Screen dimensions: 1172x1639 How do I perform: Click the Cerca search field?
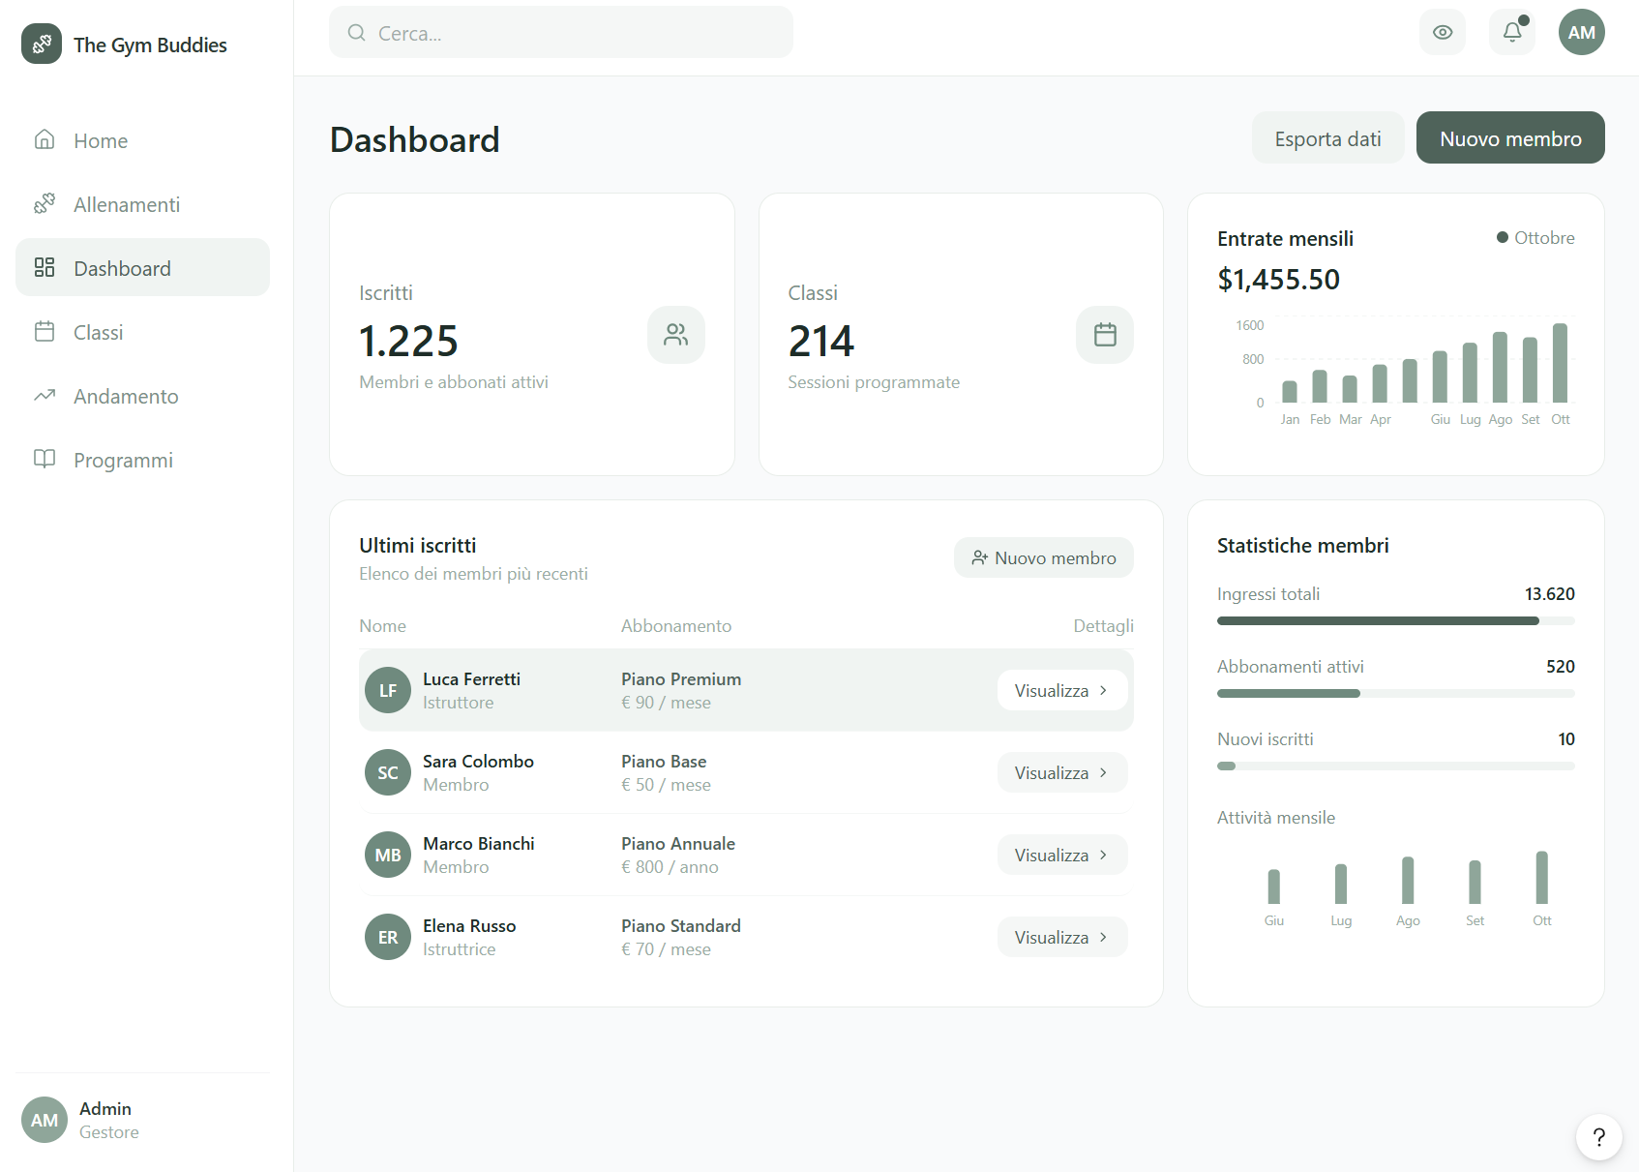coord(561,33)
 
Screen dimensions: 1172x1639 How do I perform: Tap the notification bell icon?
coord(1512,32)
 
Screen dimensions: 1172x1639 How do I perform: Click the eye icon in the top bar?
coord(1443,32)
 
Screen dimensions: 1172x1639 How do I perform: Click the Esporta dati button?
coord(1327,138)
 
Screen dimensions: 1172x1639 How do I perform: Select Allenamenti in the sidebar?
coord(126,204)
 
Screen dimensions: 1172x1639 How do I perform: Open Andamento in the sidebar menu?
coord(126,396)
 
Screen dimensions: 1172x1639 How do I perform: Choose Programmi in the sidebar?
coord(123,460)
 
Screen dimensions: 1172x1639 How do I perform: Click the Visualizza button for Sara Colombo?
coord(1061,772)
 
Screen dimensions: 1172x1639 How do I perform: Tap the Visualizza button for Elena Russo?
coord(1061,937)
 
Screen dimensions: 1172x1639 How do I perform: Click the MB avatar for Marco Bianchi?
coord(388,856)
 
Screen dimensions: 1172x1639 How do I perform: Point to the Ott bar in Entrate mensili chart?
coord(1560,363)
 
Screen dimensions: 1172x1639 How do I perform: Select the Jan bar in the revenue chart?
coord(1290,391)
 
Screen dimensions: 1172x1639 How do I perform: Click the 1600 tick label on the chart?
coord(1250,325)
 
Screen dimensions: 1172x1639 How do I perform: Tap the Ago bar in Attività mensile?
coord(1408,880)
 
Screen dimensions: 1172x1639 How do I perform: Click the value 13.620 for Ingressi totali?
coord(1549,593)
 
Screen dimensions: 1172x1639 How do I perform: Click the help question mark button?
coord(1598,1136)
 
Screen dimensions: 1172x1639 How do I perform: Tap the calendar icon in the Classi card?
coord(1105,335)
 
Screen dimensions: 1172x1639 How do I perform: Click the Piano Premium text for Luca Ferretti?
coord(681,679)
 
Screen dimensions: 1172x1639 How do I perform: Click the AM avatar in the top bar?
coord(1581,32)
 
